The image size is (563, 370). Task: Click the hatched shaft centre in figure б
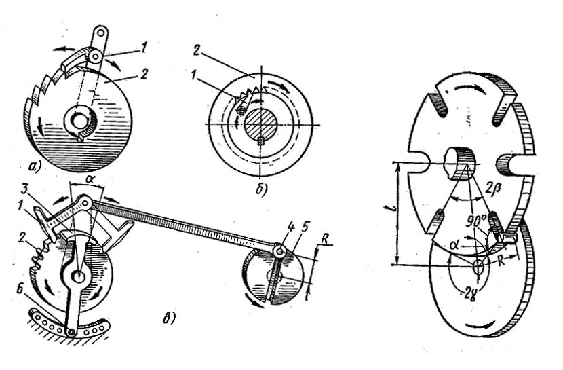261,125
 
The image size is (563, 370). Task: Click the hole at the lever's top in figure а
100,31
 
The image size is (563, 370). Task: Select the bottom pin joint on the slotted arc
71,331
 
